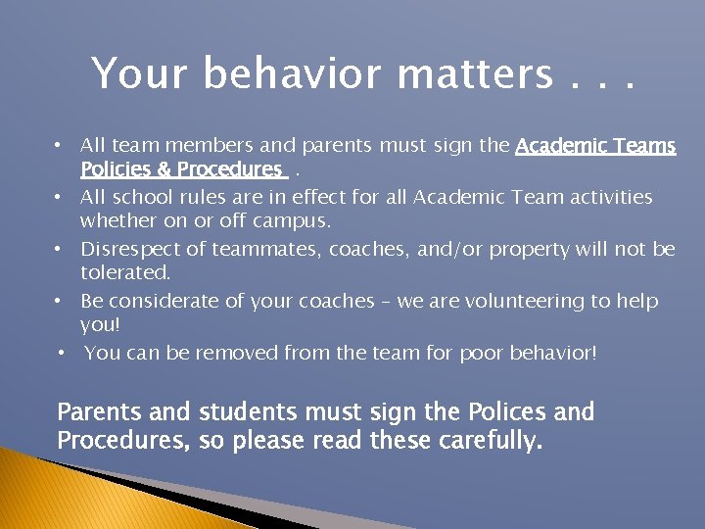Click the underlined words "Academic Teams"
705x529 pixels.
[595, 146]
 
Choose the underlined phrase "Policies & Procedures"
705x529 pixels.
[182, 169]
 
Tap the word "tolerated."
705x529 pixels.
[125, 272]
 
